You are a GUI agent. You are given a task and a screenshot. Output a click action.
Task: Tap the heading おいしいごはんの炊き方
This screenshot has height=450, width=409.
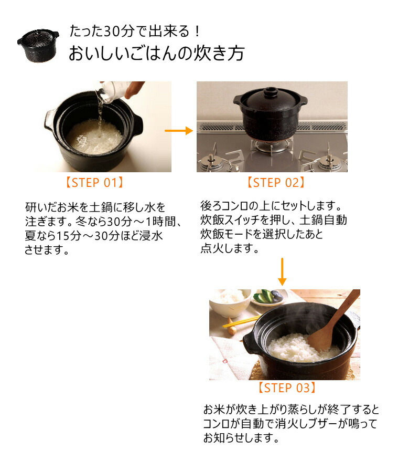[156, 54]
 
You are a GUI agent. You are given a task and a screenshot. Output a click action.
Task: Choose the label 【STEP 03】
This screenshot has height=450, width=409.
[287, 388]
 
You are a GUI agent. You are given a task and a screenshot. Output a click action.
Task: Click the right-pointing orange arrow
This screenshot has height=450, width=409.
[179, 130]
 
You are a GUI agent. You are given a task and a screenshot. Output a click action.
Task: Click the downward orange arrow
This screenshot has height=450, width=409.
[282, 271]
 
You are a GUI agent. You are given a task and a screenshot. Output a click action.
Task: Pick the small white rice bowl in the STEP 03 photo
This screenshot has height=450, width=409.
[230, 302]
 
